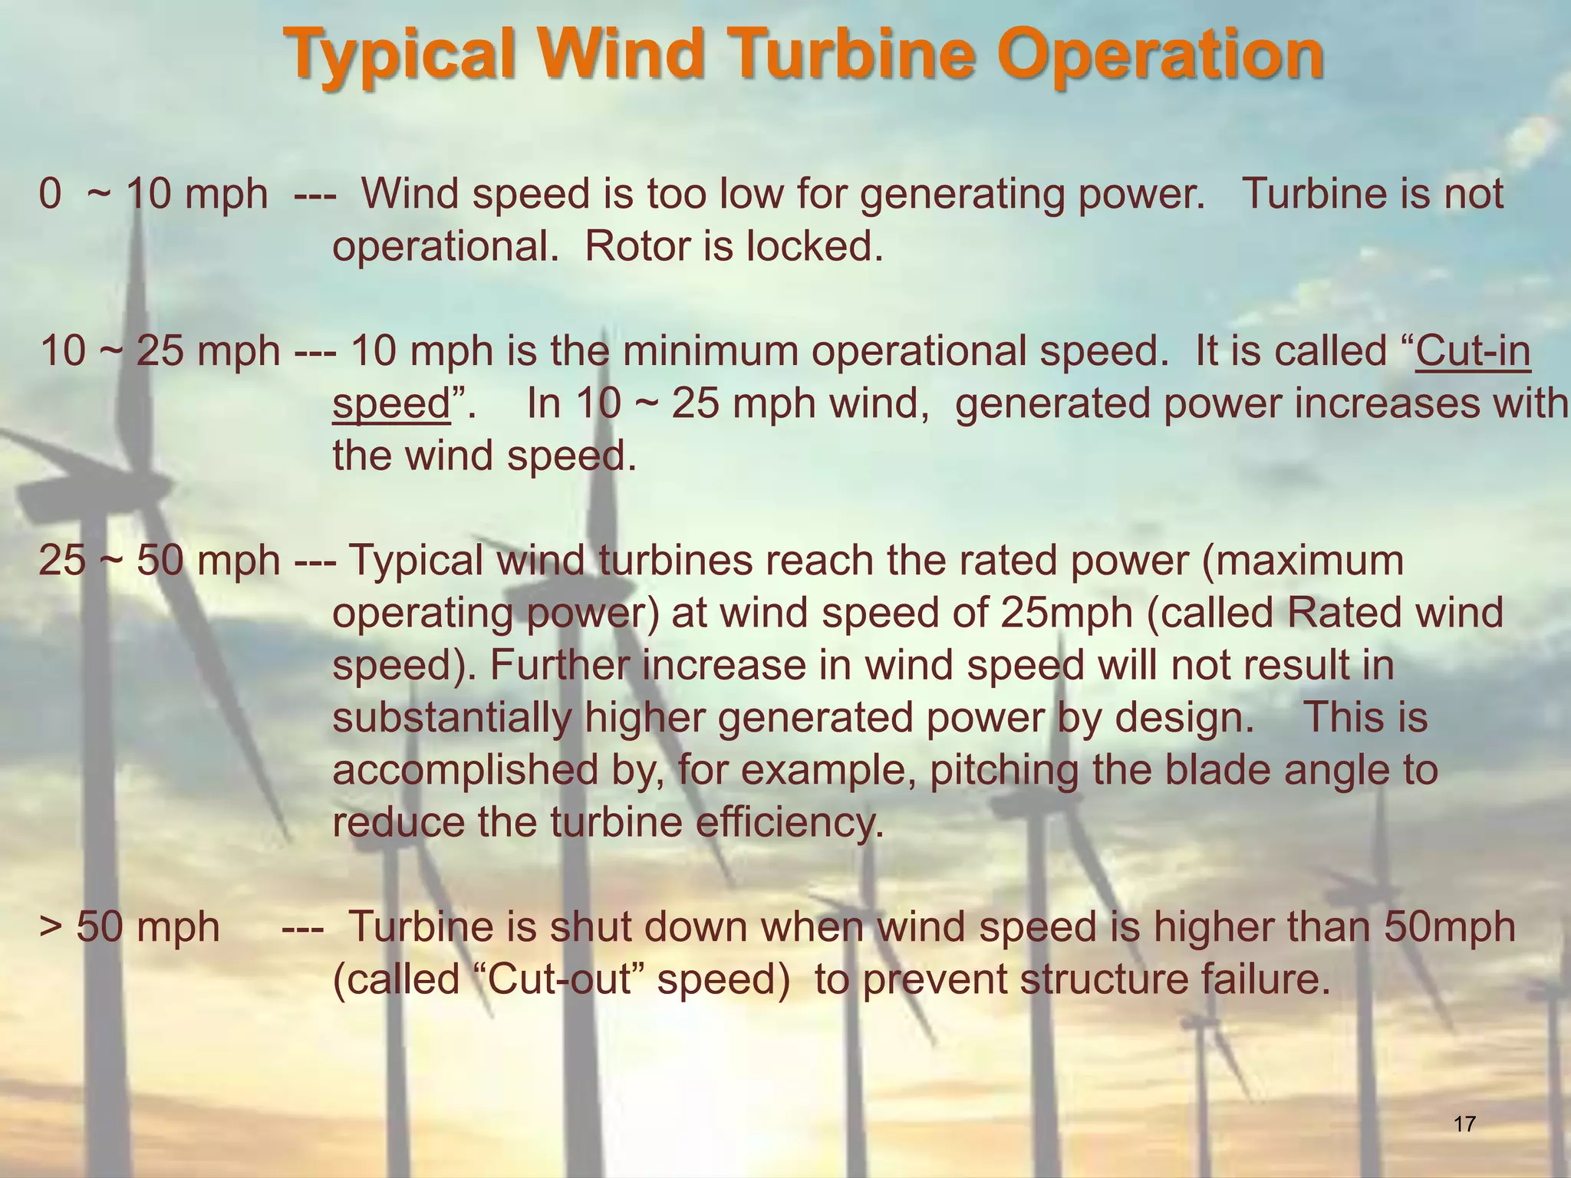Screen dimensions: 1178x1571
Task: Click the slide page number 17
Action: pyautogui.click(x=1464, y=1124)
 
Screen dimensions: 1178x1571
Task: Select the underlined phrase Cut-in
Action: pyautogui.click(x=1473, y=351)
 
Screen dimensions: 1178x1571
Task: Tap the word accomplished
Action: pyautogui.click(x=465, y=770)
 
